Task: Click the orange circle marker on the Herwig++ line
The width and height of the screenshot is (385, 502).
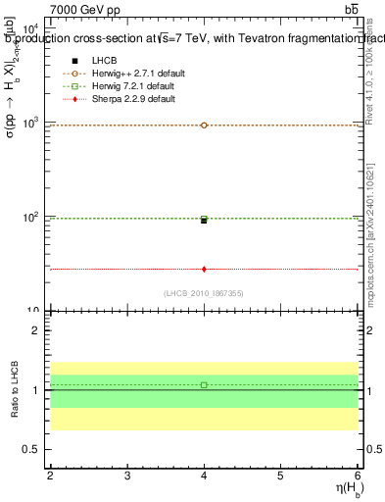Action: [204, 125]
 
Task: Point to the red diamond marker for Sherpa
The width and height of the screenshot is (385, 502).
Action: [204, 269]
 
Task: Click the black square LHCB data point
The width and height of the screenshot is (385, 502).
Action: [204, 221]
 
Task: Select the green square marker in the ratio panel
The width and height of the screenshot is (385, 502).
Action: [204, 384]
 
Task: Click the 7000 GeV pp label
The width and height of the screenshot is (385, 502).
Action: [83, 10]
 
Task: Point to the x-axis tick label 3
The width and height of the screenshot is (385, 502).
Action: [127, 475]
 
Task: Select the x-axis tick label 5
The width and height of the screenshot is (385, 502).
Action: [281, 475]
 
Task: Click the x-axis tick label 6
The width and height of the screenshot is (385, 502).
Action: [357, 475]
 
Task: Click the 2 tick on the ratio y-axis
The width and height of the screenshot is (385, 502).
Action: [36, 330]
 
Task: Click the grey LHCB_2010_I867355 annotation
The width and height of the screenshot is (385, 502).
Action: [204, 293]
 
